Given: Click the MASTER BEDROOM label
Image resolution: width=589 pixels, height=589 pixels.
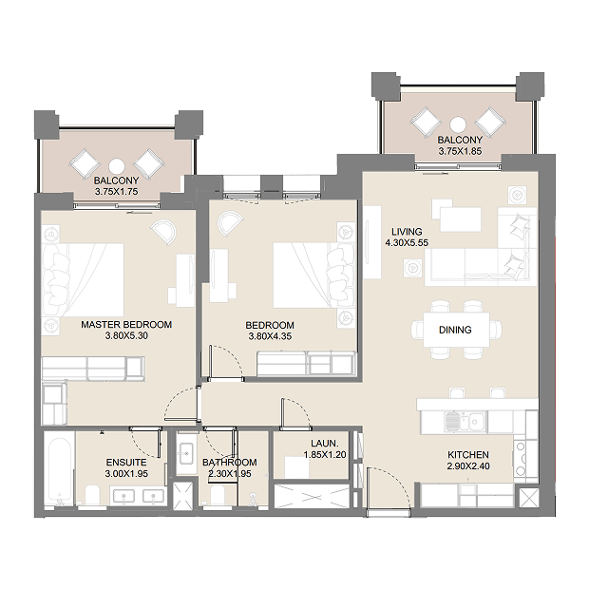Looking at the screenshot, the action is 126,325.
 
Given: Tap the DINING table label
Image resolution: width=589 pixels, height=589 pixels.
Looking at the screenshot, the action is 455,330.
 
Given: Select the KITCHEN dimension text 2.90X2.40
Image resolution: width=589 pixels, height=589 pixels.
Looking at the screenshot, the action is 468,466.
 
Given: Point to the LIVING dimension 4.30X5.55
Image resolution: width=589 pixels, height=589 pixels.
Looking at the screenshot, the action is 407,242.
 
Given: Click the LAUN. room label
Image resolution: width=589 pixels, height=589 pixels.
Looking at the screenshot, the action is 325,444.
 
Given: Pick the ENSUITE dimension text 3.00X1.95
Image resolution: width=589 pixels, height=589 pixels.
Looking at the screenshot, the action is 126,474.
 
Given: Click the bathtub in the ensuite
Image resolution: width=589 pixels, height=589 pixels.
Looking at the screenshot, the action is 59,468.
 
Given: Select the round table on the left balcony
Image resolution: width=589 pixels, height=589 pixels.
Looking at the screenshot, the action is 117,165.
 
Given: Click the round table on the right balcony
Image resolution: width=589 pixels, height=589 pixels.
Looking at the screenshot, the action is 458,123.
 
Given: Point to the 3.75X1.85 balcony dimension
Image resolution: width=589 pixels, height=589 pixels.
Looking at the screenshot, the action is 460,151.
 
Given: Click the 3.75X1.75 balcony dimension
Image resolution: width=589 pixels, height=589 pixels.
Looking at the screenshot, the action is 117,192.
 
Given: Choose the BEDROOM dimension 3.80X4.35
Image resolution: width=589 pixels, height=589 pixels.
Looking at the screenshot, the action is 270,336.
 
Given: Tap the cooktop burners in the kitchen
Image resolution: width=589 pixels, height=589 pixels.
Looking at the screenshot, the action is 521,458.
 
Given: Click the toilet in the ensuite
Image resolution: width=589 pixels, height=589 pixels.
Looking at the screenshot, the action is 92,496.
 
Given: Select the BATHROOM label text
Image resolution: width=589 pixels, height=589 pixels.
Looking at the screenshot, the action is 230,462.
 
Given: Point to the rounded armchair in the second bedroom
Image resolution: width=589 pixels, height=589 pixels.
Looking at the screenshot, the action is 229,223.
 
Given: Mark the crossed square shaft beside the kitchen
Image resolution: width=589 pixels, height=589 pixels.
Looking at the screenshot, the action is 528,498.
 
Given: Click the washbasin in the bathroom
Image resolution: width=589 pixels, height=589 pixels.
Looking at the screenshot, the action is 184,453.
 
